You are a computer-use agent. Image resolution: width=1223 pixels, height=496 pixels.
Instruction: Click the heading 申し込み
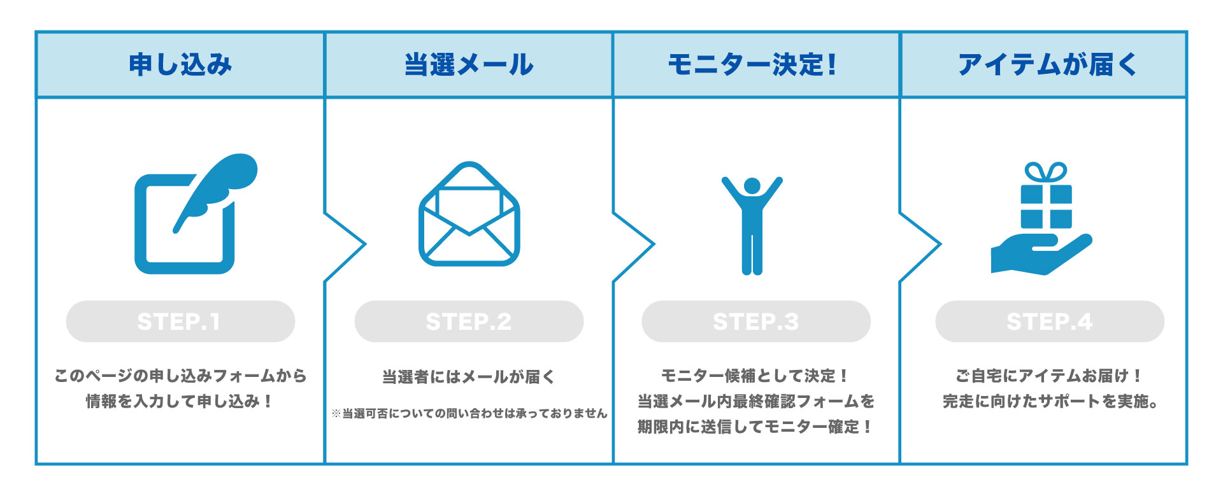coord(180,65)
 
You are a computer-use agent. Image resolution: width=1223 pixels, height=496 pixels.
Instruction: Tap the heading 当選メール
coord(469,65)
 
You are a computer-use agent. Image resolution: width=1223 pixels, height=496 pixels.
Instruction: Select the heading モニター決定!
coord(752,65)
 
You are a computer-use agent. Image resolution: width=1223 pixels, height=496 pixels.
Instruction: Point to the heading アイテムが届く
coord(1047,65)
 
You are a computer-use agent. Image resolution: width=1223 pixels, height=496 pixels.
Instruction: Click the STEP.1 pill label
coord(180,322)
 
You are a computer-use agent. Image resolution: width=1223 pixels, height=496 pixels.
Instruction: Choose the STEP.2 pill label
coord(469,322)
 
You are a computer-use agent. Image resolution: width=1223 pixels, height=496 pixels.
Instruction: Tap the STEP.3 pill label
coord(756,322)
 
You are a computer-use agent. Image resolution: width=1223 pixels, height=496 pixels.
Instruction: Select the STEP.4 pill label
coord(1050,322)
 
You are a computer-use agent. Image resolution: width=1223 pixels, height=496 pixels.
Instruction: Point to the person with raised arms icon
coord(752,229)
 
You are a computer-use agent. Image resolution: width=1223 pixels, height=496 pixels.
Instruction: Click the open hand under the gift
coord(1038,255)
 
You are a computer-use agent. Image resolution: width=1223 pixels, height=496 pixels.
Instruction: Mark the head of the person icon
coord(752,186)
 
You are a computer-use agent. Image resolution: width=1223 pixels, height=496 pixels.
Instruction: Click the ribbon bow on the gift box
coord(1046,172)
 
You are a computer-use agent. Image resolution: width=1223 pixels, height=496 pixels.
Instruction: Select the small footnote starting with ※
coord(469,414)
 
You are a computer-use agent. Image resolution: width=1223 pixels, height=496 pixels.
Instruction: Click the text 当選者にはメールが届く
coord(469,377)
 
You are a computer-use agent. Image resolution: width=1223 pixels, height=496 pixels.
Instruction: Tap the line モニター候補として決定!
coord(755,376)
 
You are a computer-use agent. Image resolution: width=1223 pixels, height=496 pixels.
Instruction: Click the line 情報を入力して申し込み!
coord(180,401)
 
